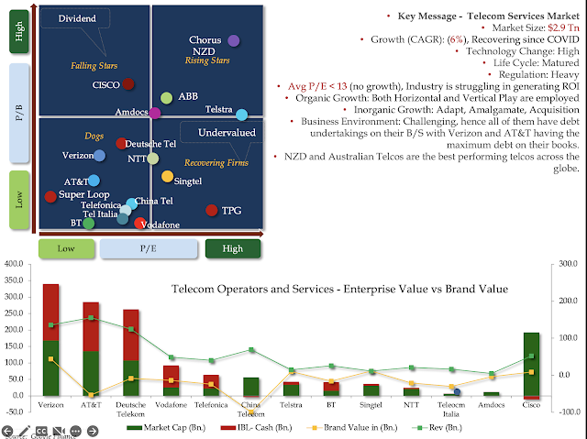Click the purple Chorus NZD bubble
[233, 40]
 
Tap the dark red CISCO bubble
[128, 84]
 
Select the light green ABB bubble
[166, 97]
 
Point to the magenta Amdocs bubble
[155, 113]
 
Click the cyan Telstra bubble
[241, 115]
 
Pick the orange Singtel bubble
[167, 176]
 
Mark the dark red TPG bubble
[212, 210]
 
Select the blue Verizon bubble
[99, 156]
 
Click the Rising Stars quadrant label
[207, 60]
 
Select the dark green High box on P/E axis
[233, 248]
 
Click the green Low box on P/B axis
[19, 201]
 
